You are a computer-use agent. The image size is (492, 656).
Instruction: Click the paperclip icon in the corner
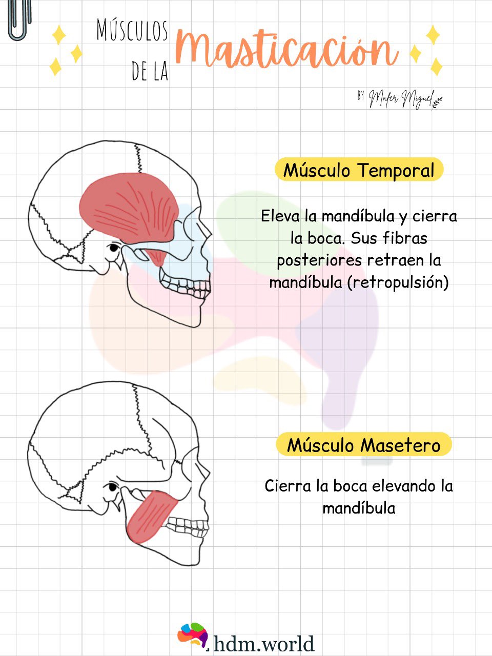(19, 19)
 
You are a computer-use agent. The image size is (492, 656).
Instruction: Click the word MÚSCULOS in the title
(132, 31)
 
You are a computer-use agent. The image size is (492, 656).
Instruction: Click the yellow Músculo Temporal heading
(359, 170)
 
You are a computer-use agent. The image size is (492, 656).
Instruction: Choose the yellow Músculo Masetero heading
(363, 445)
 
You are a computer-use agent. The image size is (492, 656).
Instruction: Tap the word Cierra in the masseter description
(288, 485)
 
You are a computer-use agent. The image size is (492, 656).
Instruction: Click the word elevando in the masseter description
(404, 485)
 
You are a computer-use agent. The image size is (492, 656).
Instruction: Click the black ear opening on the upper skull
(113, 249)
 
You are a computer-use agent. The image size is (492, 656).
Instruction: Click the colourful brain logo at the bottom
(193, 635)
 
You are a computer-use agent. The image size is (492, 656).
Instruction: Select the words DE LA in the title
(150, 71)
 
